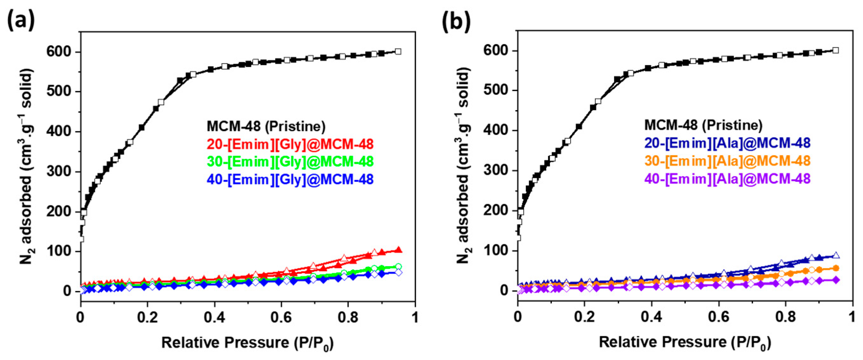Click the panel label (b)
pyautogui.click(x=456, y=21)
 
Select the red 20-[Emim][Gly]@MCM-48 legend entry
pyautogui.click(x=290, y=144)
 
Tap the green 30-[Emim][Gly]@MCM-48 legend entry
pyautogui.click(x=290, y=162)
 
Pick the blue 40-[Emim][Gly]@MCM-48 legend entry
pyautogui.click(x=290, y=180)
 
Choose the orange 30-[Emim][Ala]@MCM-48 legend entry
pyautogui.click(x=727, y=161)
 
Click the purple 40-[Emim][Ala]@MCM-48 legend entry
pyautogui.click(x=727, y=179)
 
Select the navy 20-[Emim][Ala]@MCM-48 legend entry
pyautogui.click(x=727, y=143)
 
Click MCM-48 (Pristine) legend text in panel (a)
pyautogui.click(x=266, y=126)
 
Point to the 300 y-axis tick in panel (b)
pyautogui.click(x=496, y=170)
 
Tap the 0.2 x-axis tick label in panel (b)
pyautogui.click(x=584, y=317)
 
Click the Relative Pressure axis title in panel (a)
pyautogui.click(x=247, y=343)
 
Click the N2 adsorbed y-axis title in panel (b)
pyautogui.click(x=464, y=166)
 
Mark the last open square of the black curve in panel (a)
pyautogui.click(x=398, y=51)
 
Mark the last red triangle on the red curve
pyautogui.click(x=398, y=250)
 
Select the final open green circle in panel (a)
pyautogui.click(x=398, y=266)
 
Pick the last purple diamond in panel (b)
pyautogui.click(x=836, y=280)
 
